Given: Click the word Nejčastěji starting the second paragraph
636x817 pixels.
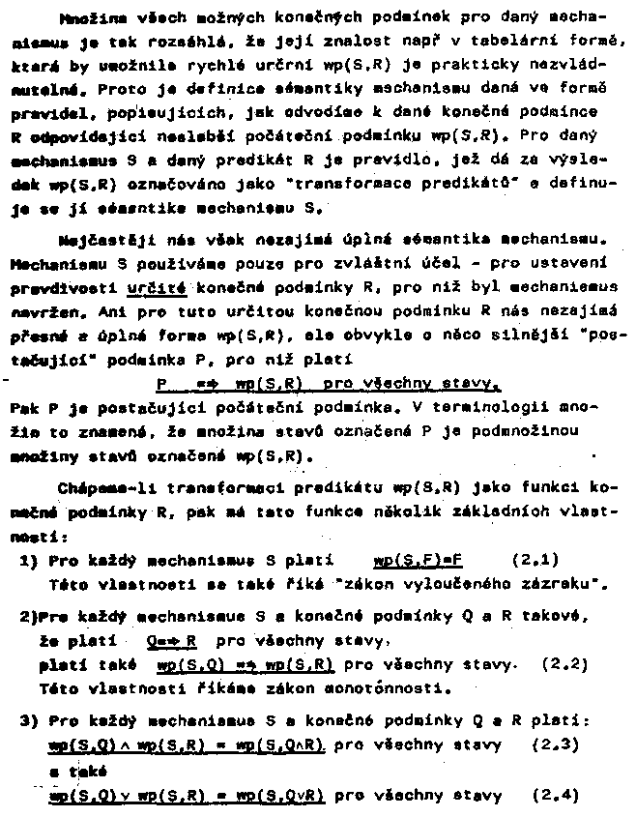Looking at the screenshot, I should coord(90,237).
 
